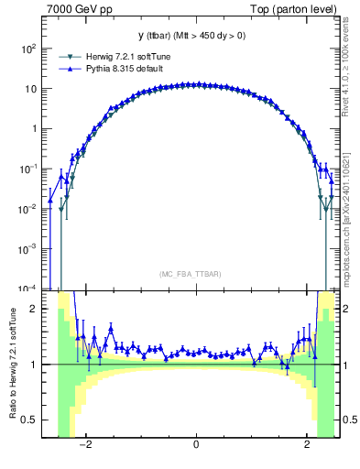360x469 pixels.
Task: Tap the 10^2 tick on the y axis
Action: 28,49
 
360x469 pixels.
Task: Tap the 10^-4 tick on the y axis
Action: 28,289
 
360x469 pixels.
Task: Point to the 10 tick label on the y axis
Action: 30,89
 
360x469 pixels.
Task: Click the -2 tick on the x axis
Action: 84,445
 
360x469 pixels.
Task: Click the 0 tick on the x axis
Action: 196,445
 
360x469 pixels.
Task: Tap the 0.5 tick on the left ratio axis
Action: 28,420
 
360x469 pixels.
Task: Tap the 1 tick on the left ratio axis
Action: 33,365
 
